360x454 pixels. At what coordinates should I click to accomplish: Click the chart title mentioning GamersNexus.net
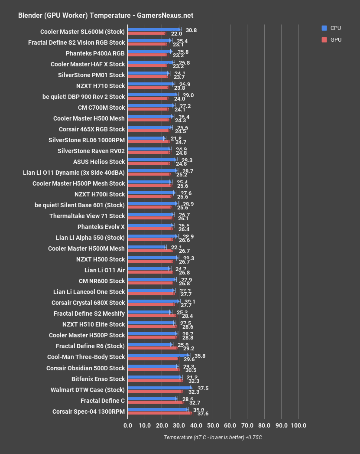(106, 15)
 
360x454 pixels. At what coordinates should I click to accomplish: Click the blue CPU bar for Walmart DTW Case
(159, 388)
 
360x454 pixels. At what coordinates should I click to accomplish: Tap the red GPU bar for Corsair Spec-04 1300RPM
(159, 413)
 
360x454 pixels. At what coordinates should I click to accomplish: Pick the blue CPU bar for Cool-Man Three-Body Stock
(158, 355)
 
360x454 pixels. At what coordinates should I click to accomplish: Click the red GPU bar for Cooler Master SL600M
(146, 33)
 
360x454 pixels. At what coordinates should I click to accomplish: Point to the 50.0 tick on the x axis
(213, 425)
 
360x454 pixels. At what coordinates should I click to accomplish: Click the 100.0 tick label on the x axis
(298, 425)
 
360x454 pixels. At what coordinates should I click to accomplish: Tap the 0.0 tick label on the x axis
(128, 425)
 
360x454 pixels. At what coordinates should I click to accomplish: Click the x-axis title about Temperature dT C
(213, 438)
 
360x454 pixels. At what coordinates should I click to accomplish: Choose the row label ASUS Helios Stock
(99, 162)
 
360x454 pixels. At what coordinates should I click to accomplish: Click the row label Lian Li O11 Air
(104, 270)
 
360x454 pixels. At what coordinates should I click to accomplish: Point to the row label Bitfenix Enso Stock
(98, 379)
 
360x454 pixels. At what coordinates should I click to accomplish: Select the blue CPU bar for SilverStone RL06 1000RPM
(146, 138)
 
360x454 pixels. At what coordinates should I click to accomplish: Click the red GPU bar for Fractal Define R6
(152, 348)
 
